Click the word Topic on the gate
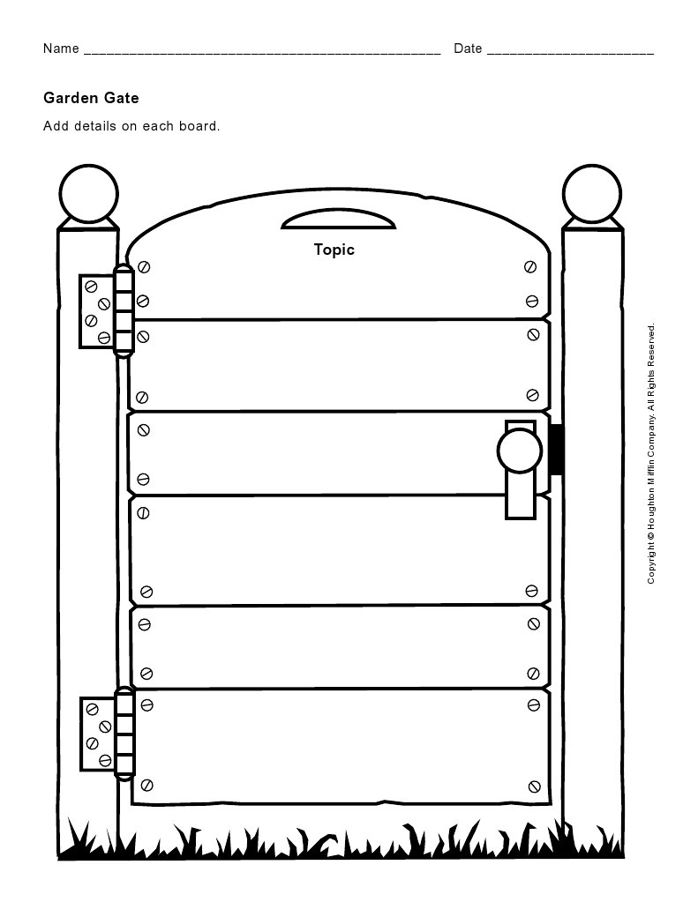click(x=334, y=250)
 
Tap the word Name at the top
click(x=61, y=48)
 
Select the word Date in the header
click(x=468, y=48)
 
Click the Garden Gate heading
click(x=91, y=98)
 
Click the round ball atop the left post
click(x=89, y=194)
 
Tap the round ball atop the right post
click(x=592, y=194)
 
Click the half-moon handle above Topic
click(x=339, y=220)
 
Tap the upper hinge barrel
click(x=124, y=310)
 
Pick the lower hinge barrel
click(x=124, y=734)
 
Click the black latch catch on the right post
click(x=556, y=450)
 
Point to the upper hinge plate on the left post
click(x=97, y=311)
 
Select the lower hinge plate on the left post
click(x=98, y=734)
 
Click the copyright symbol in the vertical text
click(x=651, y=535)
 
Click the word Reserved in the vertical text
click(x=651, y=345)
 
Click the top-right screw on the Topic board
click(x=530, y=266)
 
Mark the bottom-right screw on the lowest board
click(x=535, y=786)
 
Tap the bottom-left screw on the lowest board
click(x=146, y=785)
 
